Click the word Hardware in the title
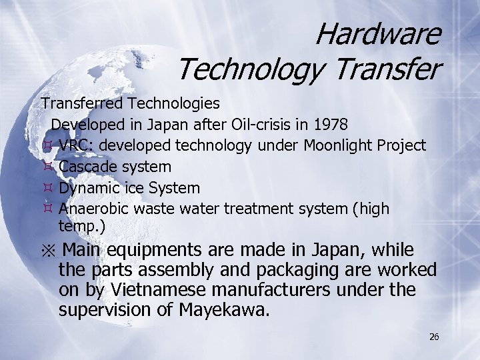pyautogui.click(x=377, y=34)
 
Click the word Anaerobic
pyautogui.click(x=94, y=209)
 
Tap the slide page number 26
pyautogui.click(x=434, y=337)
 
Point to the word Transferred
pyautogui.click(x=82, y=103)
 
